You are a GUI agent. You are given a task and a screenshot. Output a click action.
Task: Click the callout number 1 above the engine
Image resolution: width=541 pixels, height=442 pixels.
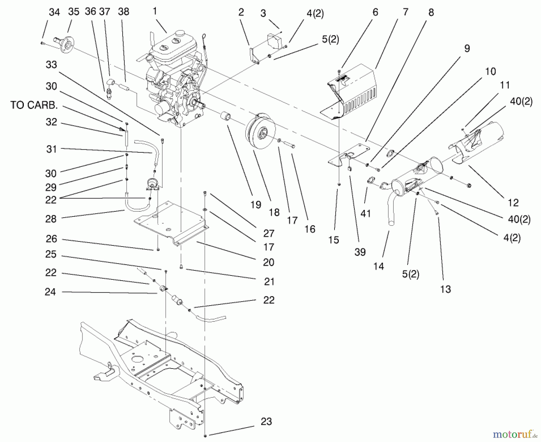pos(155,11)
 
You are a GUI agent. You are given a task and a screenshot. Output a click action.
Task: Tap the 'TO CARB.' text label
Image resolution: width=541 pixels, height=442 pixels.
pos(34,105)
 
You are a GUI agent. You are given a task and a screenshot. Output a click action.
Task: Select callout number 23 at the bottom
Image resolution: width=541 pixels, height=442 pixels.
pos(266,422)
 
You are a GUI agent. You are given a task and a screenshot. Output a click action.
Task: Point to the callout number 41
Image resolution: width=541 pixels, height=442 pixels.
pos(365,214)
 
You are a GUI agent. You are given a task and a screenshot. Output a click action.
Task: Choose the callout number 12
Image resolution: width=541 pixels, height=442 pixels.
pos(513,203)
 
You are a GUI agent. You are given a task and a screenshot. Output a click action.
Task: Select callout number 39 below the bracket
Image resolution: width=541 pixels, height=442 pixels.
pos(360,252)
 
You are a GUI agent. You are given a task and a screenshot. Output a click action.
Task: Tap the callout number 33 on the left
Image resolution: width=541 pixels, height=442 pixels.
pos(51,65)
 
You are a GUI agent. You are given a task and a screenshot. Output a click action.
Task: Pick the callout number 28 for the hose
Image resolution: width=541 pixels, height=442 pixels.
pos(51,219)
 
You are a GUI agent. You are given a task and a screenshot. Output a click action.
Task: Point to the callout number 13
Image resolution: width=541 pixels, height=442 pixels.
pos(445,289)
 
